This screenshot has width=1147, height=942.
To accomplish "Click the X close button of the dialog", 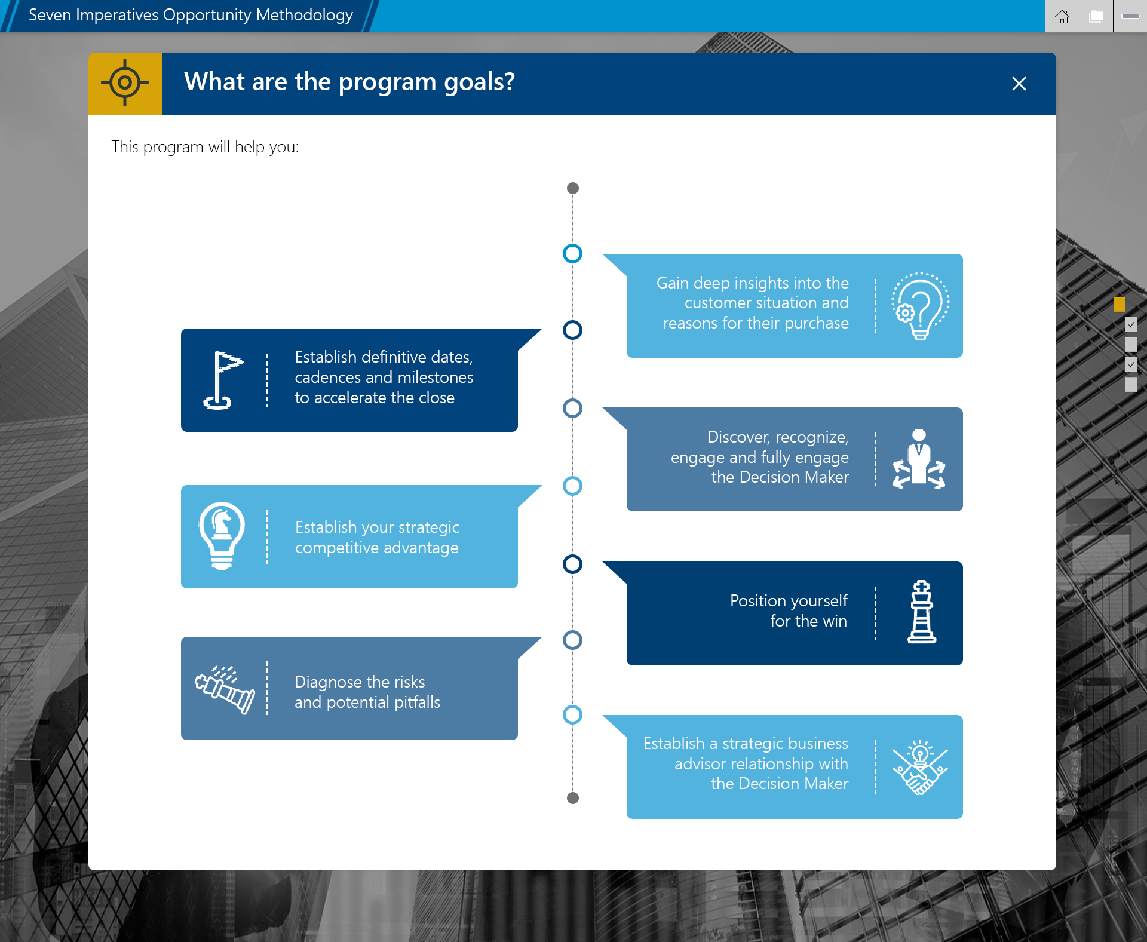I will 1019,84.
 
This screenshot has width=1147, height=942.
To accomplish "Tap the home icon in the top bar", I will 1062,16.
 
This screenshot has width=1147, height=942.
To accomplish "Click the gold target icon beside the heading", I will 125,83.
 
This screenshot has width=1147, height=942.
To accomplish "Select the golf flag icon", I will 222,380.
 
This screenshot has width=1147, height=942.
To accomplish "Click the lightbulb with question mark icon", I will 920,306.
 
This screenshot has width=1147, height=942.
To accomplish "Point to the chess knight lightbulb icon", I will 222,535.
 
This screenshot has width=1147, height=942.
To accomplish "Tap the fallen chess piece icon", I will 225,689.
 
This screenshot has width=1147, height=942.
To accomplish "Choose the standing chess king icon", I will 921,612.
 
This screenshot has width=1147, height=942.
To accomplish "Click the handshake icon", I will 920,768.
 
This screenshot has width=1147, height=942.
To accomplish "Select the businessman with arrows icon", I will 919,459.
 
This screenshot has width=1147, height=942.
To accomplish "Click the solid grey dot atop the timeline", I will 572,188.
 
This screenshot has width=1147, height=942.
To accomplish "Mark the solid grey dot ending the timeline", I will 572,798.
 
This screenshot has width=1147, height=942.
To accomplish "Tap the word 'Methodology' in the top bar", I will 305,15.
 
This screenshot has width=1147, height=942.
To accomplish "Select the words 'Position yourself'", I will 789,600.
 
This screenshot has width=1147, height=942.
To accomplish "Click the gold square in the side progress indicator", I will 1119,305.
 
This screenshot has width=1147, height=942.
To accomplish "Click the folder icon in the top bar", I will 1096,16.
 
